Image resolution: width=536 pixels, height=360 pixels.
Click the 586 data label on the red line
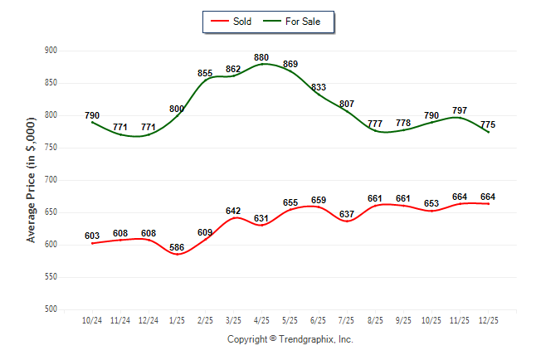pos(177,248)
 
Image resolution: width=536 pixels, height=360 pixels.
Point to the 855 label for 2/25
pos(206,74)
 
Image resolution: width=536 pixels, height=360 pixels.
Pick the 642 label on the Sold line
pos(234,211)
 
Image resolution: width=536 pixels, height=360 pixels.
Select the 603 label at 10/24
pos(92,236)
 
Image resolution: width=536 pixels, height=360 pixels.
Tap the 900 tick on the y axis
pos(51,51)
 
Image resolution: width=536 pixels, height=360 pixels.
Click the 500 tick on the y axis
pos(51,309)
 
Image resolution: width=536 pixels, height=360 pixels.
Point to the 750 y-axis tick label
pos(51,148)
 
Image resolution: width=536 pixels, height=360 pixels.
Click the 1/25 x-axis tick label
pos(177,321)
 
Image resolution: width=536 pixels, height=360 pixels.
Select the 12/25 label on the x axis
pos(488,321)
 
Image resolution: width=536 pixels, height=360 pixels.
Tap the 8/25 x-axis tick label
pos(375,321)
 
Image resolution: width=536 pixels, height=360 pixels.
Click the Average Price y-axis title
pos(32,180)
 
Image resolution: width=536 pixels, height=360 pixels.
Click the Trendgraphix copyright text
pos(290,339)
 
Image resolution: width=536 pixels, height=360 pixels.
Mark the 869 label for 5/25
pos(290,64)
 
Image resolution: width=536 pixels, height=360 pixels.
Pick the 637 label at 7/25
pos(347,215)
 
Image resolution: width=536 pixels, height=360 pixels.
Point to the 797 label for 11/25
pos(460,110)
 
